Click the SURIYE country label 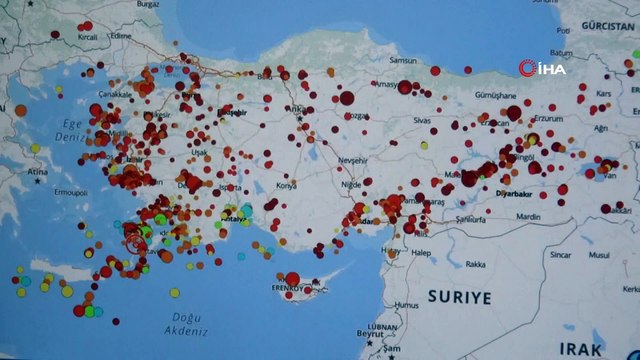click(x=459, y=297)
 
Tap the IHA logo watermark click(x=542, y=68)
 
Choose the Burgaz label click(x=148, y=4)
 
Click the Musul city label click(x=598, y=254)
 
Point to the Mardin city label click(x=528, y=216)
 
